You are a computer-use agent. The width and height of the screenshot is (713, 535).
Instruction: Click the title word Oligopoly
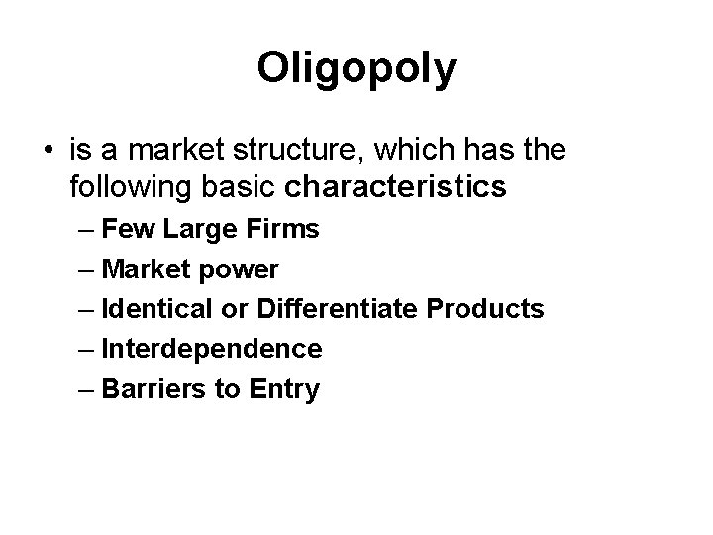click(356, 69)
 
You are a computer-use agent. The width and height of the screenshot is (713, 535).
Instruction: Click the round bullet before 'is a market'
click(49, 152)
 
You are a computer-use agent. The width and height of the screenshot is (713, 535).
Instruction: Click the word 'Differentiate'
click(338, 309)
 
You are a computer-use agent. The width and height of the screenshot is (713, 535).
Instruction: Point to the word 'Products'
click(485, 309)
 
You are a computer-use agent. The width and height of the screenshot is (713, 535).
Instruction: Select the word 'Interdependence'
click(212, 349)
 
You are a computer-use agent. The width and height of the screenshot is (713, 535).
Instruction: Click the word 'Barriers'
click(150, 388)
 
